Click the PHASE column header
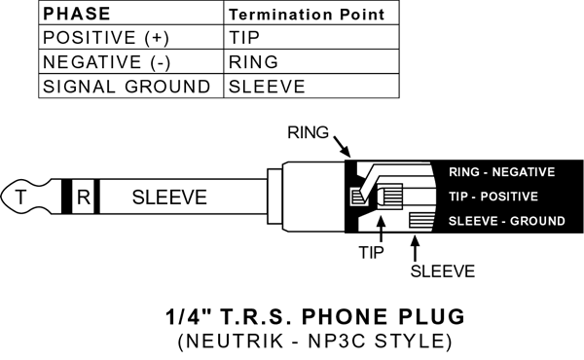[x=131, y=13]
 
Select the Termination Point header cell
[x=311, y=13]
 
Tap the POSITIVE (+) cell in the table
[x=131, y=37]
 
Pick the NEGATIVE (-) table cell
[x=131, y=61]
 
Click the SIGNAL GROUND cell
[x=131, y=86]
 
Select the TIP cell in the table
[x=311, y=37]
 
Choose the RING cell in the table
[x=311, y=61]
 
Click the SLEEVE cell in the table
[x=311, y=86]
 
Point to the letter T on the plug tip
[x=20, y=197]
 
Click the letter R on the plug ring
[x=84, y=197]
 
